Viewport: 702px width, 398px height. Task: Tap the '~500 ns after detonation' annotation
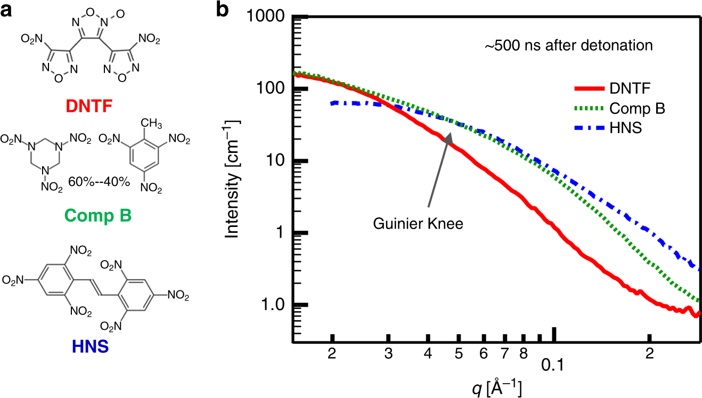coord(568,46)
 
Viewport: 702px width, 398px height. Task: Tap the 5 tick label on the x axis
coord(458,353)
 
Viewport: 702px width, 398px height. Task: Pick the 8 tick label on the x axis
coord(524,353)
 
